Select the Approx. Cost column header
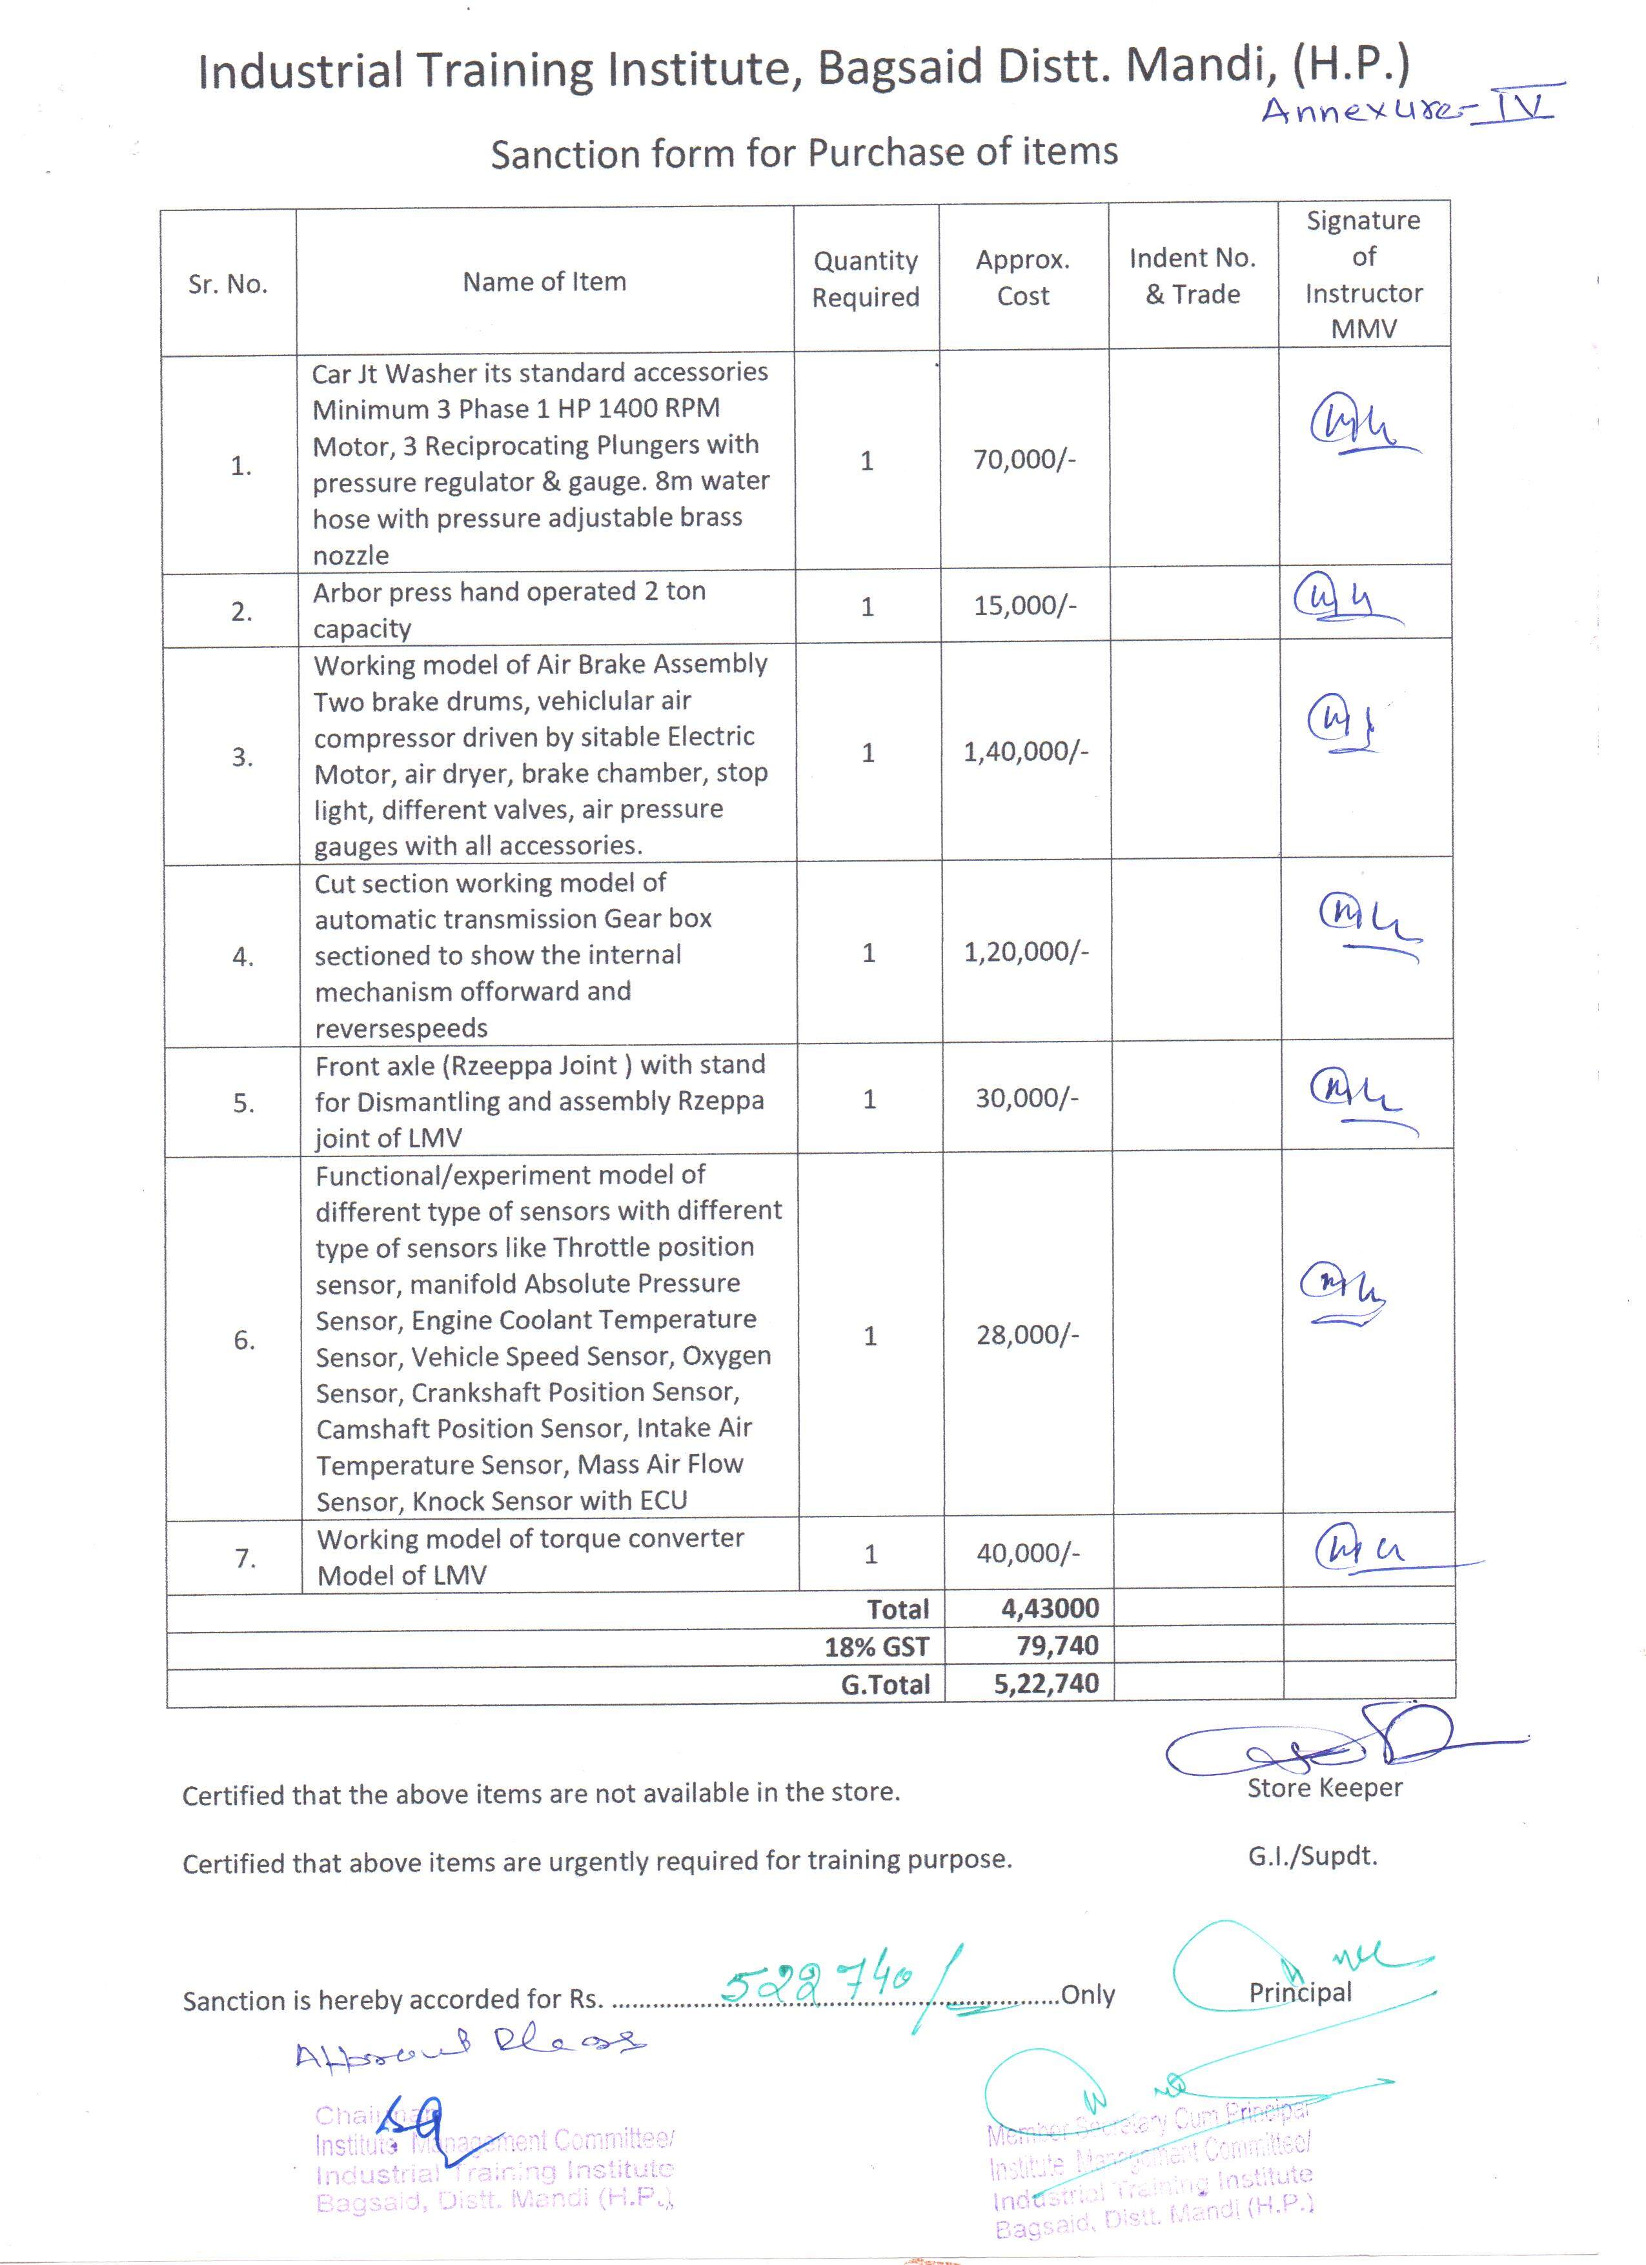point(1022,277)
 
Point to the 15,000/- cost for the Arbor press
point(1025,605)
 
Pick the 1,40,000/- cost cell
point(1026,752)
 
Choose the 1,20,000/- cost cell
point(1026,952)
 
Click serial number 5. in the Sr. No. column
point(244,1103)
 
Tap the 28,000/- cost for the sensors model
point(1028,1335)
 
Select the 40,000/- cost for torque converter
point(1028,1553)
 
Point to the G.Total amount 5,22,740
point(1046,1684)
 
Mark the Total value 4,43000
point(1050,1608)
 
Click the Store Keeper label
point(1325,1787)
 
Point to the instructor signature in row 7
point(1363,1551)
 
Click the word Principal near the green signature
point(1299,1993)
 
